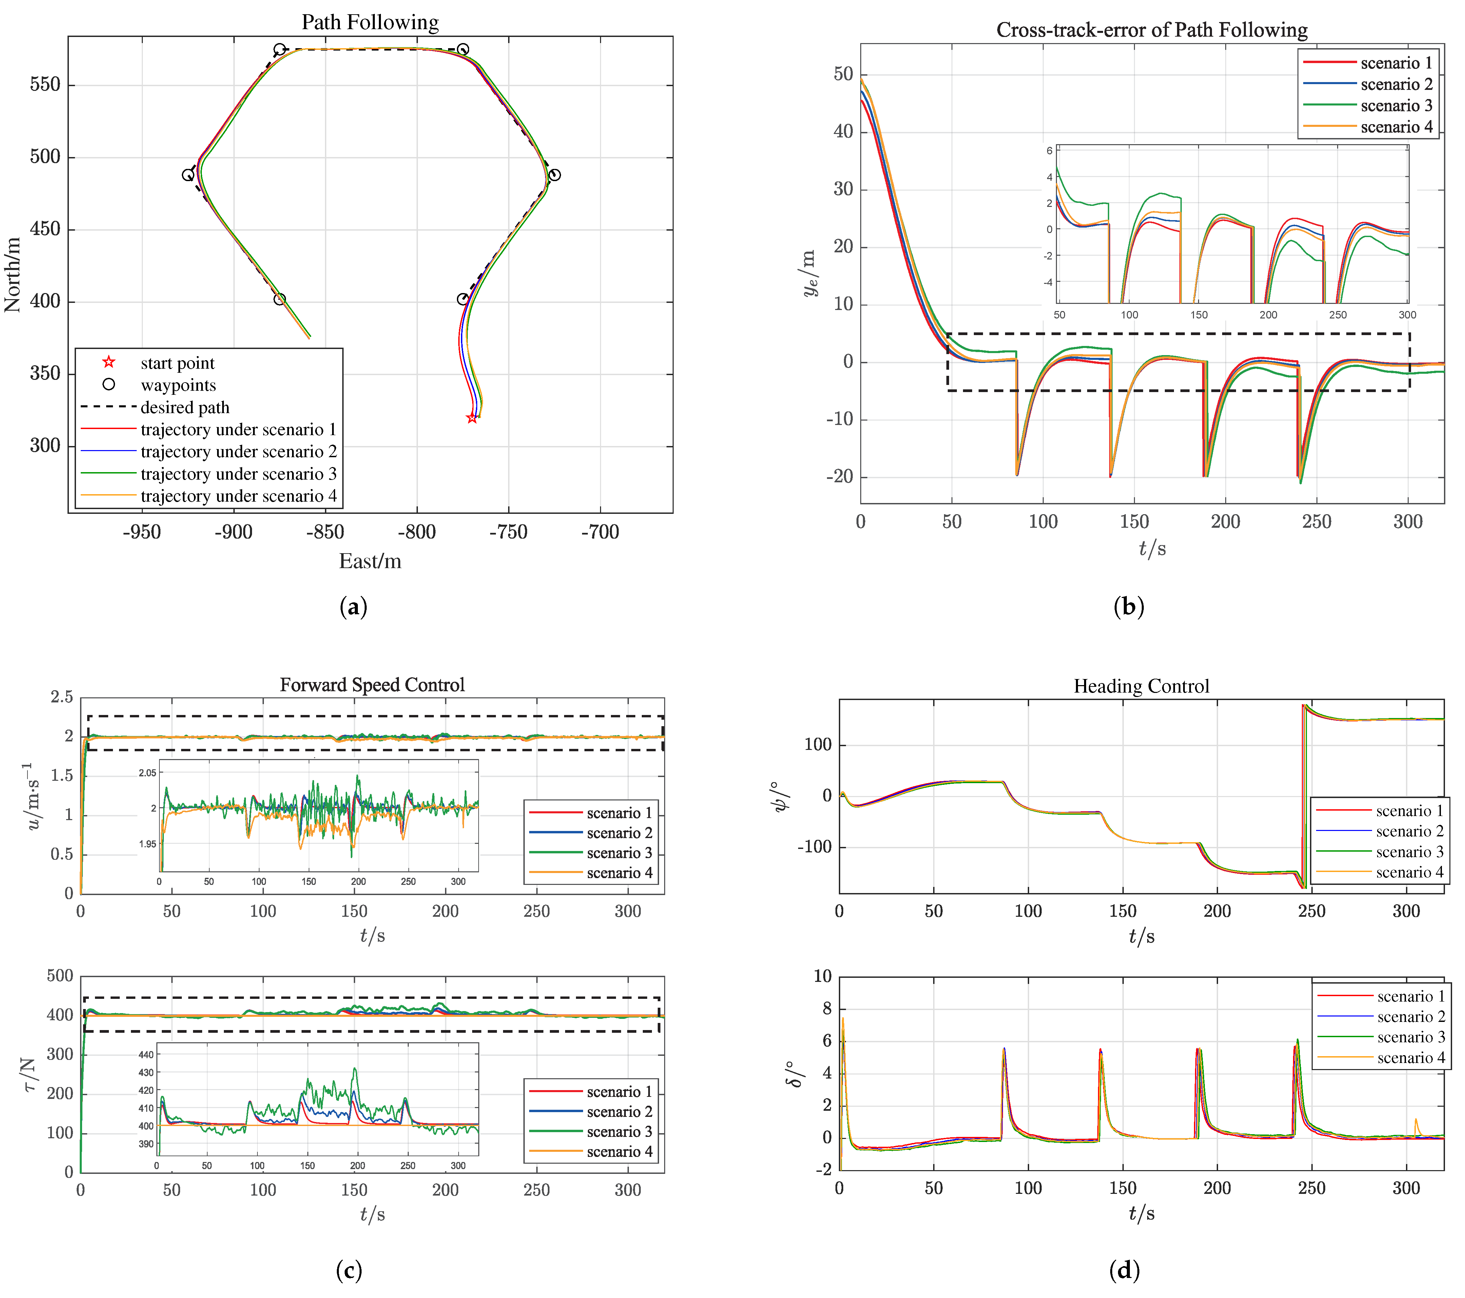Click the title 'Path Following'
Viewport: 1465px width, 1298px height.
370,22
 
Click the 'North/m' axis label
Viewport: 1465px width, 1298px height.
12,274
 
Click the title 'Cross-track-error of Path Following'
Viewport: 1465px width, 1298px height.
1151,30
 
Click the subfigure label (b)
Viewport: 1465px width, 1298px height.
1128,607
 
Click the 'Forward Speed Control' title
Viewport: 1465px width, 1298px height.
372,685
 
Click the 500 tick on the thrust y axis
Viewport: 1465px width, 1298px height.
60,975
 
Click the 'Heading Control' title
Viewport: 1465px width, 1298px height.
1141,686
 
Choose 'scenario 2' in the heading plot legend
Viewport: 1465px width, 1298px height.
1409,831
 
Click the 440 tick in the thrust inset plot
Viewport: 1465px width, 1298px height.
146,1054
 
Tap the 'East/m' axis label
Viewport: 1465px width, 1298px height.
370,561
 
